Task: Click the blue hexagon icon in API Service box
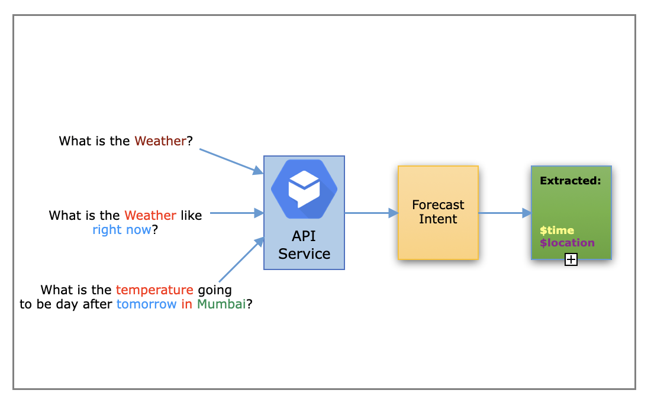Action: coord(304,189)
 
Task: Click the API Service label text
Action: coord(304,245)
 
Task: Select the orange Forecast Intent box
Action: coord(438,212)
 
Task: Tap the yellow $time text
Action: coord(557,230)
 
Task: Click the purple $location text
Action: coord(567,243)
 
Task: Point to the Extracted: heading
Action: coord(570,181)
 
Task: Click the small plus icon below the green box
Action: coord(571,259)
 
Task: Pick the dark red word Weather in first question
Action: coord(160,141)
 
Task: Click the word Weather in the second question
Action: coord(150,216)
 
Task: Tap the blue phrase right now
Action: coord(122,230)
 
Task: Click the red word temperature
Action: coord(154,290)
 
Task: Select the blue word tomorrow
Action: coord(146,305)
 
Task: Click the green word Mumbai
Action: coord(221,305)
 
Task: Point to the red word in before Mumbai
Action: coord(187,305)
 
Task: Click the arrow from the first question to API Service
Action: coord(231,161)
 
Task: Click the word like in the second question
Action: coord(191,216)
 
